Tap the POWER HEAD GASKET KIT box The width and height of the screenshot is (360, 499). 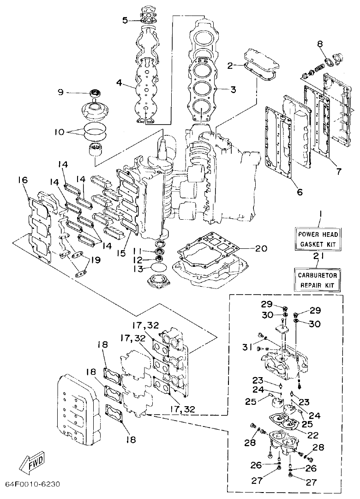click(x=318, y=238)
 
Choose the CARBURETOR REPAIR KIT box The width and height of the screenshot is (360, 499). click(x=318, y=280)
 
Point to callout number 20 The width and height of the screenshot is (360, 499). click(x=261, y=248)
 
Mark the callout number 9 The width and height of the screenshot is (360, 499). click(x=60, y=92)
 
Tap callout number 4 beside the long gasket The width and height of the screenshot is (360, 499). click(x=119, y=84)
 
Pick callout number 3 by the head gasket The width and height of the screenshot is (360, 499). click(x=234, y=90)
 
